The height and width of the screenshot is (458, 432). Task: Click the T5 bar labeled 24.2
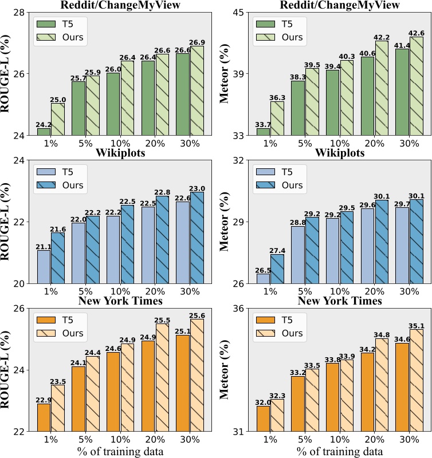click(x=44, y=132)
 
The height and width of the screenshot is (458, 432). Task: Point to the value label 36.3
click(x=277, y=97)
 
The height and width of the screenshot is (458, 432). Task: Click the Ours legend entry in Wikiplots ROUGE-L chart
click(x=72, y=185)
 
